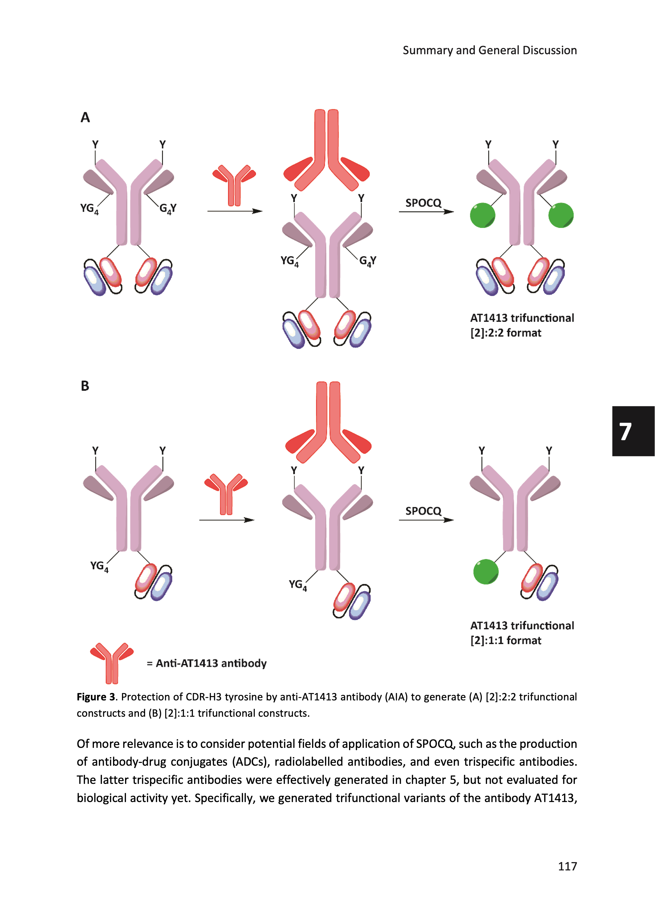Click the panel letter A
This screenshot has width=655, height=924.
point(85,117)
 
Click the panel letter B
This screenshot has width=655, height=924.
point(85,386)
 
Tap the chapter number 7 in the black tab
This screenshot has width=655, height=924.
point(625,432)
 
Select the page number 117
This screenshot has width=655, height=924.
point(567,866)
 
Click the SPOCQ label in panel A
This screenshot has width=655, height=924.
point(423,203)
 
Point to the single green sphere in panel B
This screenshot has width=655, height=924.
point(486,571)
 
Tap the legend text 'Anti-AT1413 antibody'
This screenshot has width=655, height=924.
point(211,663)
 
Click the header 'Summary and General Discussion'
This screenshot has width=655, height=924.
point(489,51)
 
